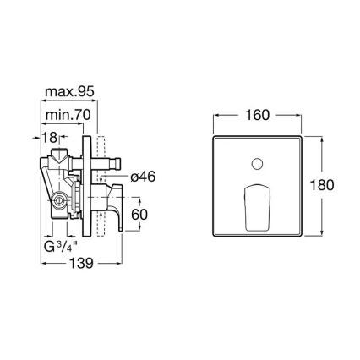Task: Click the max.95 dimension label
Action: (x=70, y=90)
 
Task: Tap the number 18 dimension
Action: (x=52, y=137)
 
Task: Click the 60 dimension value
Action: (x=139, y=215)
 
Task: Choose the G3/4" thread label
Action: (x=62, y=247)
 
